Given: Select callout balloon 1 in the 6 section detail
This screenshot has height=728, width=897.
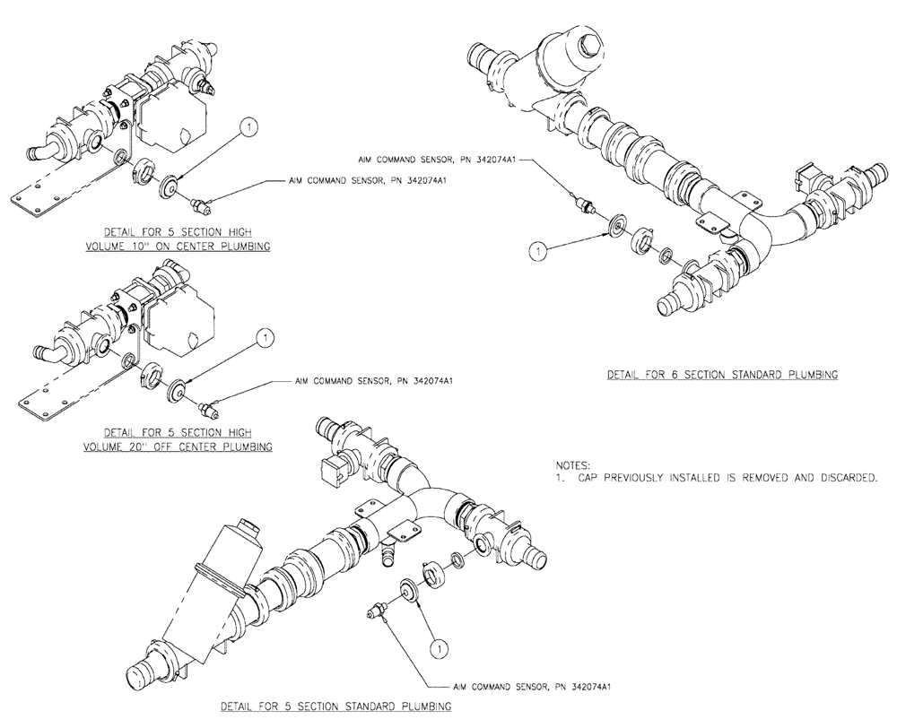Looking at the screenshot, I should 537,253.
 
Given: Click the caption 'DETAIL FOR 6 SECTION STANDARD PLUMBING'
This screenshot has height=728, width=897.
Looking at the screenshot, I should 722,375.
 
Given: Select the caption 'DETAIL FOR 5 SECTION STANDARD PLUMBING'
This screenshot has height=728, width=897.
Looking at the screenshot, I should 336,706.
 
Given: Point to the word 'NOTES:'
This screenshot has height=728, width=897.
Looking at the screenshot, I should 573,466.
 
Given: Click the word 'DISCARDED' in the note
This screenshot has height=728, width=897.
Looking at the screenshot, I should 848,479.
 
